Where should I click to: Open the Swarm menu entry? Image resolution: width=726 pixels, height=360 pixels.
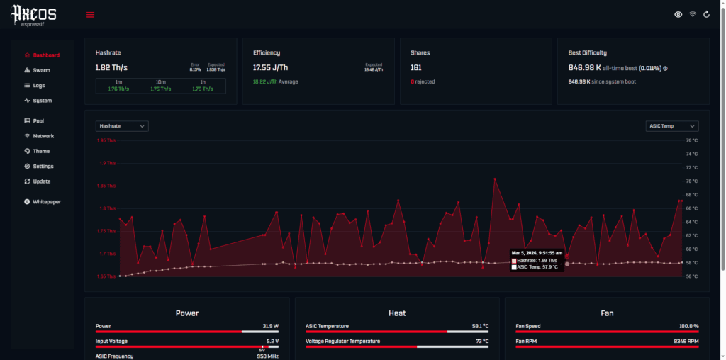click(41, 70)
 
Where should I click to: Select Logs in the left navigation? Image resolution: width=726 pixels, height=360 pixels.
click(38, 85)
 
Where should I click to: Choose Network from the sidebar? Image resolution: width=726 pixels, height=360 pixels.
click(43, 136)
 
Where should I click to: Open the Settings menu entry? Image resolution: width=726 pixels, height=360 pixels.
click(43, 167)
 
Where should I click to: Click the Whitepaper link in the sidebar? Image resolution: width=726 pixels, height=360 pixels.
click(46, 202)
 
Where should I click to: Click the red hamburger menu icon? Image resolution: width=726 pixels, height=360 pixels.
click(90, 15)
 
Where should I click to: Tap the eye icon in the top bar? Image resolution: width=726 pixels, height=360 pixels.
click(678, 15)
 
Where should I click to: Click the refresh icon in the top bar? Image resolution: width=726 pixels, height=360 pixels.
click(706, 15)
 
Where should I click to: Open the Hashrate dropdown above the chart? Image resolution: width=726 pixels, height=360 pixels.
click(122, 126)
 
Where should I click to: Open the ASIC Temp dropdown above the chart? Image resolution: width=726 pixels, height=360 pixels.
click(672, 126)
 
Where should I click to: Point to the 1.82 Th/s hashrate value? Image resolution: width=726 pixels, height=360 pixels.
click(111, 68)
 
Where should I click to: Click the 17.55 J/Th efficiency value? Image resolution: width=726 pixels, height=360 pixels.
click(271, 68)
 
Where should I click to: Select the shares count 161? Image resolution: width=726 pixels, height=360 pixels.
click(416, 68)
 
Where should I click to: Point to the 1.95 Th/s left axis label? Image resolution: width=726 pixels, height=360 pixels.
click(106, 140)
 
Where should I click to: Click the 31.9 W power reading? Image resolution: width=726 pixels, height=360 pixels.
click(270, 327)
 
